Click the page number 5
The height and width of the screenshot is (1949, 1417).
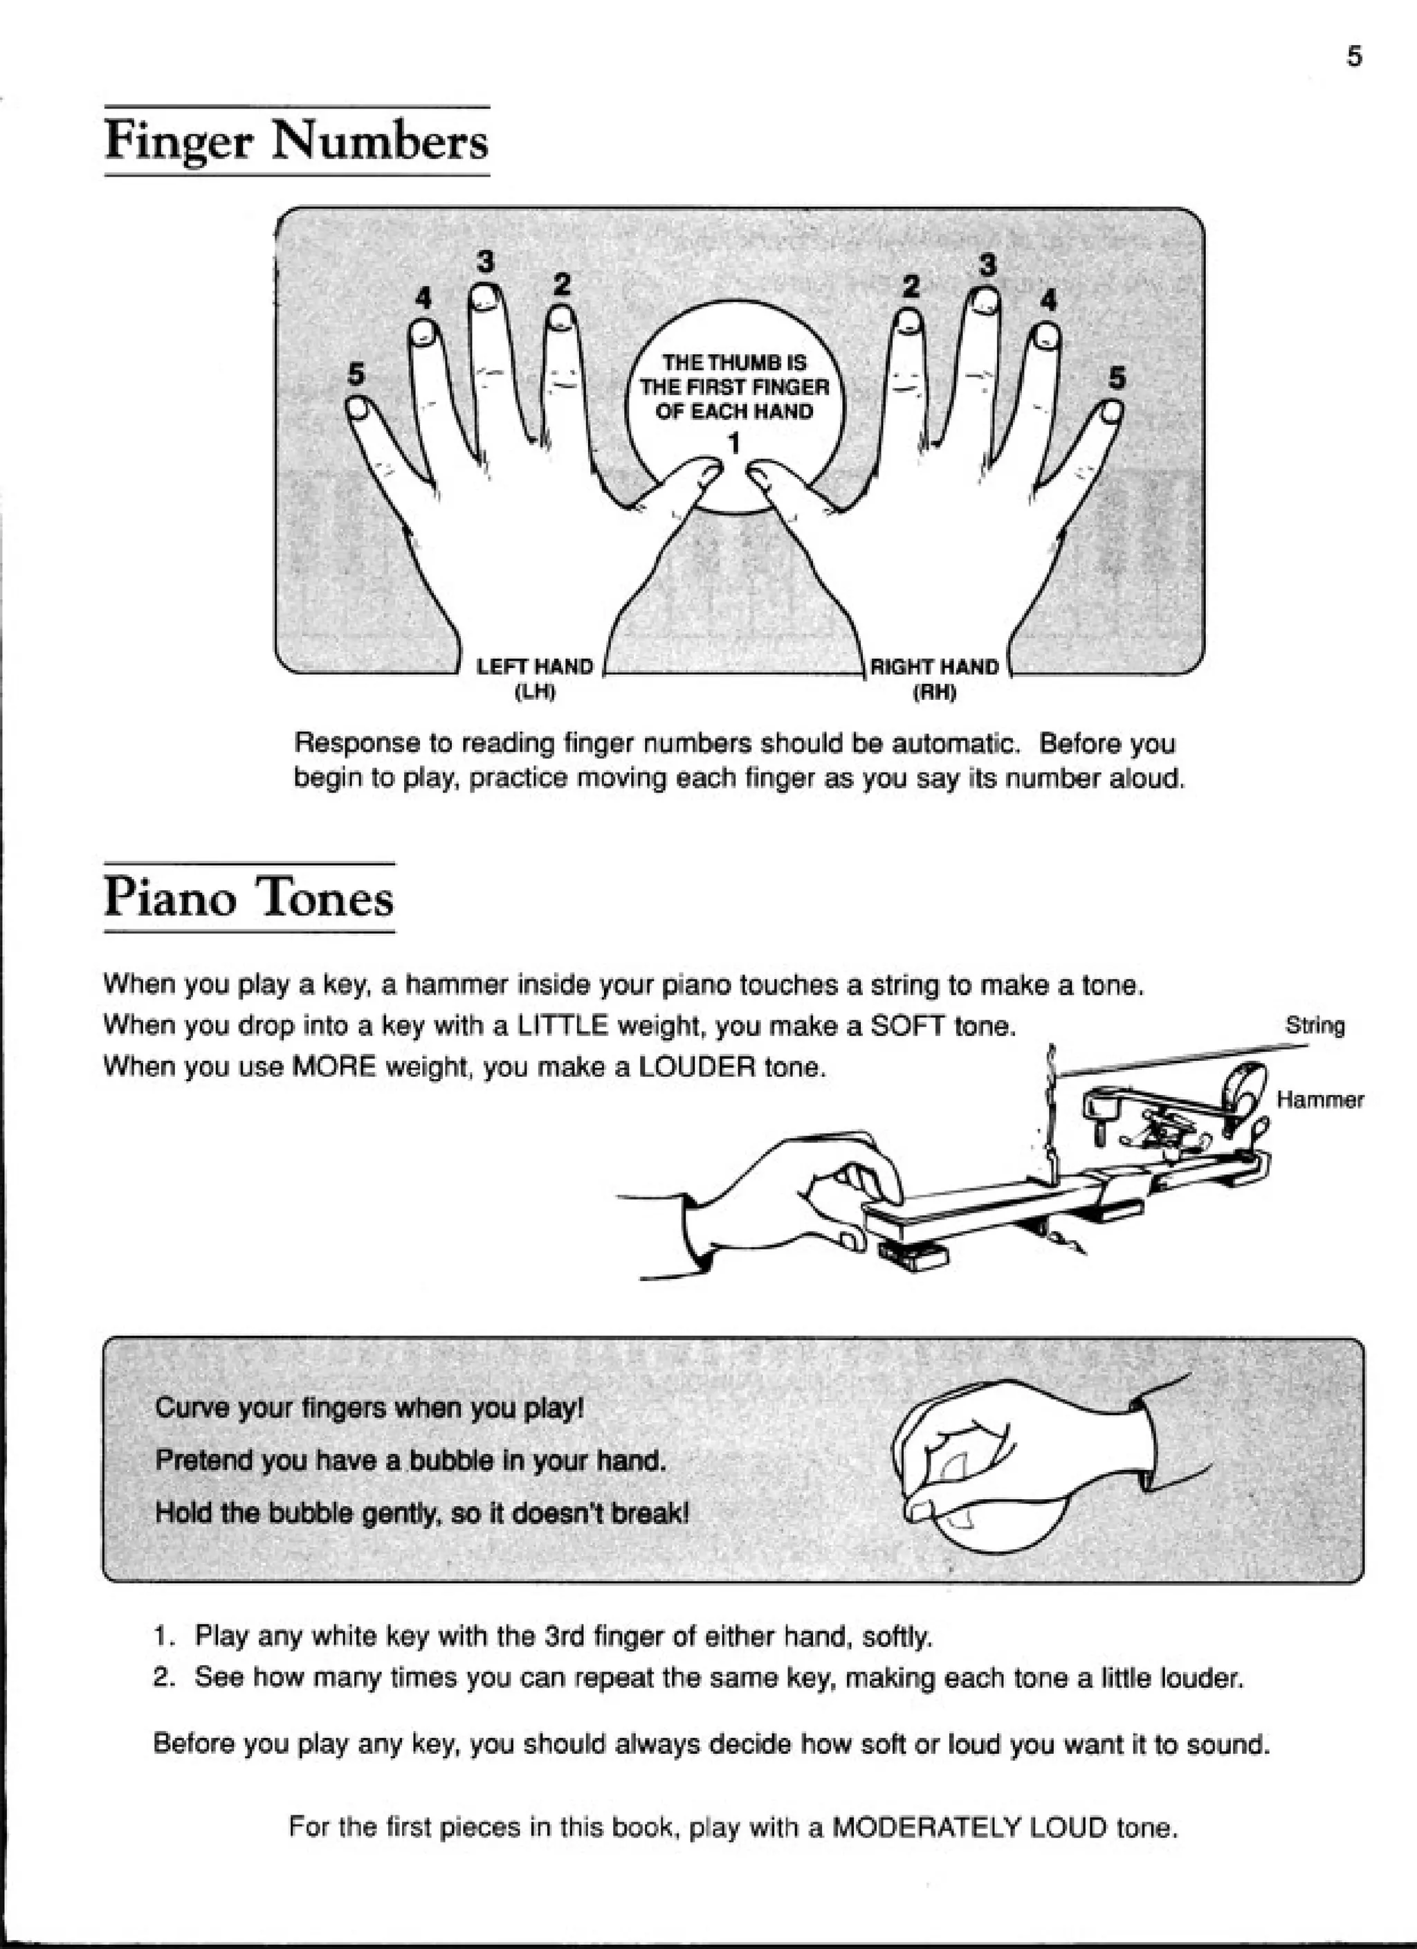point(1354,57)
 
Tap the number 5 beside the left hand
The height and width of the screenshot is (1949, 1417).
point(356,374)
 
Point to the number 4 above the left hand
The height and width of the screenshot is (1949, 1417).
point(423,298)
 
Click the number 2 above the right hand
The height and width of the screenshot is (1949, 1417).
point(911,285)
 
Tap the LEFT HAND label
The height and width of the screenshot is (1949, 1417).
point(535,667)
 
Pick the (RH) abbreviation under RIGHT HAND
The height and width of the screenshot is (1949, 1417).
point(934,692)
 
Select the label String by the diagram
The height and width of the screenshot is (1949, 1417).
point(1315,1025)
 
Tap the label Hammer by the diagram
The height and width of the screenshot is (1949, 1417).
point(1320,1099)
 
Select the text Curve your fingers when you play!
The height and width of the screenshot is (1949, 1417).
point(369,1408)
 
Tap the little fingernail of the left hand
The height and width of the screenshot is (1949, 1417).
point(359,412)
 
